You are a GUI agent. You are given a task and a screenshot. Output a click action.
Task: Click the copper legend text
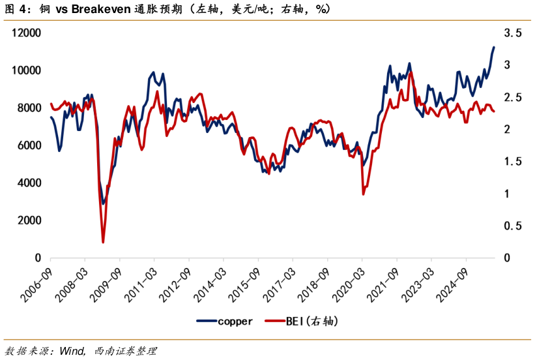235,321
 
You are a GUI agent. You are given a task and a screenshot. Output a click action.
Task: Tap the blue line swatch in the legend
206,321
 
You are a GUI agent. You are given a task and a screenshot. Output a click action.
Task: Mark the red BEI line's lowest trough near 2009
103,243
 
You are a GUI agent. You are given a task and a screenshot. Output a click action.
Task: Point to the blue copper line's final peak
494,47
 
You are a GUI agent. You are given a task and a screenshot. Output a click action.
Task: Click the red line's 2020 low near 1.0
363,194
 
